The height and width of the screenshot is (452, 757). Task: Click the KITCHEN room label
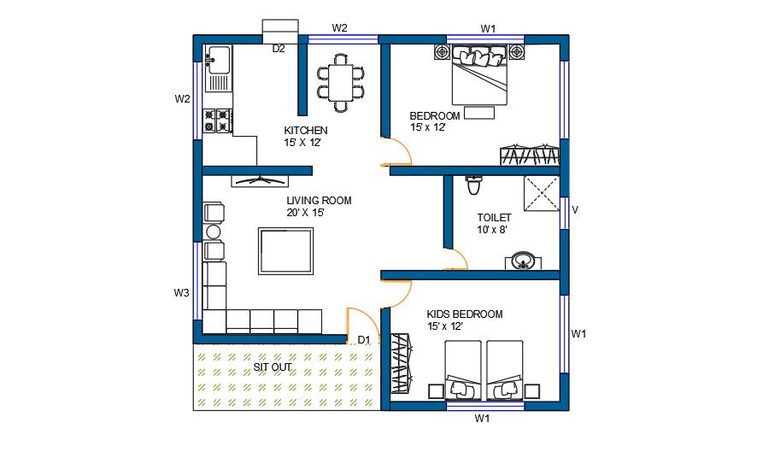(x=306, y=131)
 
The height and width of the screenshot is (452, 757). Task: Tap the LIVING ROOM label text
(x=319, y=201)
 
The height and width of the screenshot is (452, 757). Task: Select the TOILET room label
(x=494, y=218)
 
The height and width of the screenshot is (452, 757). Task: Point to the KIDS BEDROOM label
(x=465, y=314)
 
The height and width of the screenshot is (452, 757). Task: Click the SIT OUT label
(x=273, y=367)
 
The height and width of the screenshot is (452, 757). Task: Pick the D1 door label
(x=363, y=340)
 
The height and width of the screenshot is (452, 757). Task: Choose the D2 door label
(x=279, y=49)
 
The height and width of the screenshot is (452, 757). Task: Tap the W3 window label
(x=181, y=292)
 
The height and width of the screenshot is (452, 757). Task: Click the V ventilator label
(x=575, y=210)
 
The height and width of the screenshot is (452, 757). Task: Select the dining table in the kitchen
(x=341, y=83)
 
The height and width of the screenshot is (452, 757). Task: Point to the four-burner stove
(x=217, y=120)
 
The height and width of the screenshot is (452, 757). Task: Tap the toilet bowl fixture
(x=474, y=185)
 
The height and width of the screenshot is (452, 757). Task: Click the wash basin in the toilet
(x=523, y=261)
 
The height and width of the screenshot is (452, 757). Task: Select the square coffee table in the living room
(x=286, y=251)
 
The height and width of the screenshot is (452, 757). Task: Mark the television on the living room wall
(x=261, y=180)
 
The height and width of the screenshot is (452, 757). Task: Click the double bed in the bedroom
(x=479, y=76)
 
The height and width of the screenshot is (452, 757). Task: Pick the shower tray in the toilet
(x=542, y=193)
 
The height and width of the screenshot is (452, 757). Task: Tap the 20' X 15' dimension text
(x=305, y=213)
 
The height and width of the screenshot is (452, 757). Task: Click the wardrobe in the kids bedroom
(x=402, y=364)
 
